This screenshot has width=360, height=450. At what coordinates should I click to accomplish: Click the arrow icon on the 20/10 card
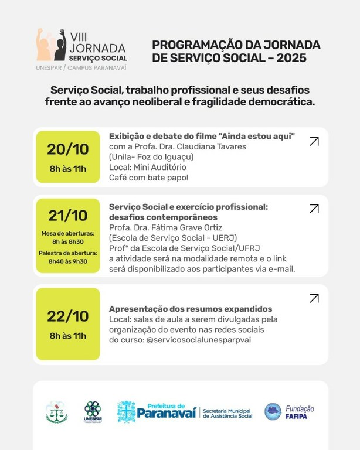coord(314,141)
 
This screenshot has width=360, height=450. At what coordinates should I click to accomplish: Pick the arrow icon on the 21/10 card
coord(314,209)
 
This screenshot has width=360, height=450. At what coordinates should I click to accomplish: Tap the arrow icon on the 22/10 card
coord(314,298)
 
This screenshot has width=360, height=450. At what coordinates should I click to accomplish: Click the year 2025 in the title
coord(285,59)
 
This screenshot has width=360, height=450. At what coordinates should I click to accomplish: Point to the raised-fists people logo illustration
coord(51,45)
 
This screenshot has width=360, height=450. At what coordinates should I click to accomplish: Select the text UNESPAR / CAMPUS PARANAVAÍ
coord(81,68)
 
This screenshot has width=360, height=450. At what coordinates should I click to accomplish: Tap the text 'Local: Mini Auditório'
coord(148,167)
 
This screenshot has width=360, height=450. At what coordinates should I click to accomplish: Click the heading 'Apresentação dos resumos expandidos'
coord(191,309)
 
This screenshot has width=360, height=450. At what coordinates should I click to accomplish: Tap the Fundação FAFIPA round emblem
coord(273,411)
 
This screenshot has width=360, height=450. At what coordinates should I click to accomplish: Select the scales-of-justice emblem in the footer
coord(57,412)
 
